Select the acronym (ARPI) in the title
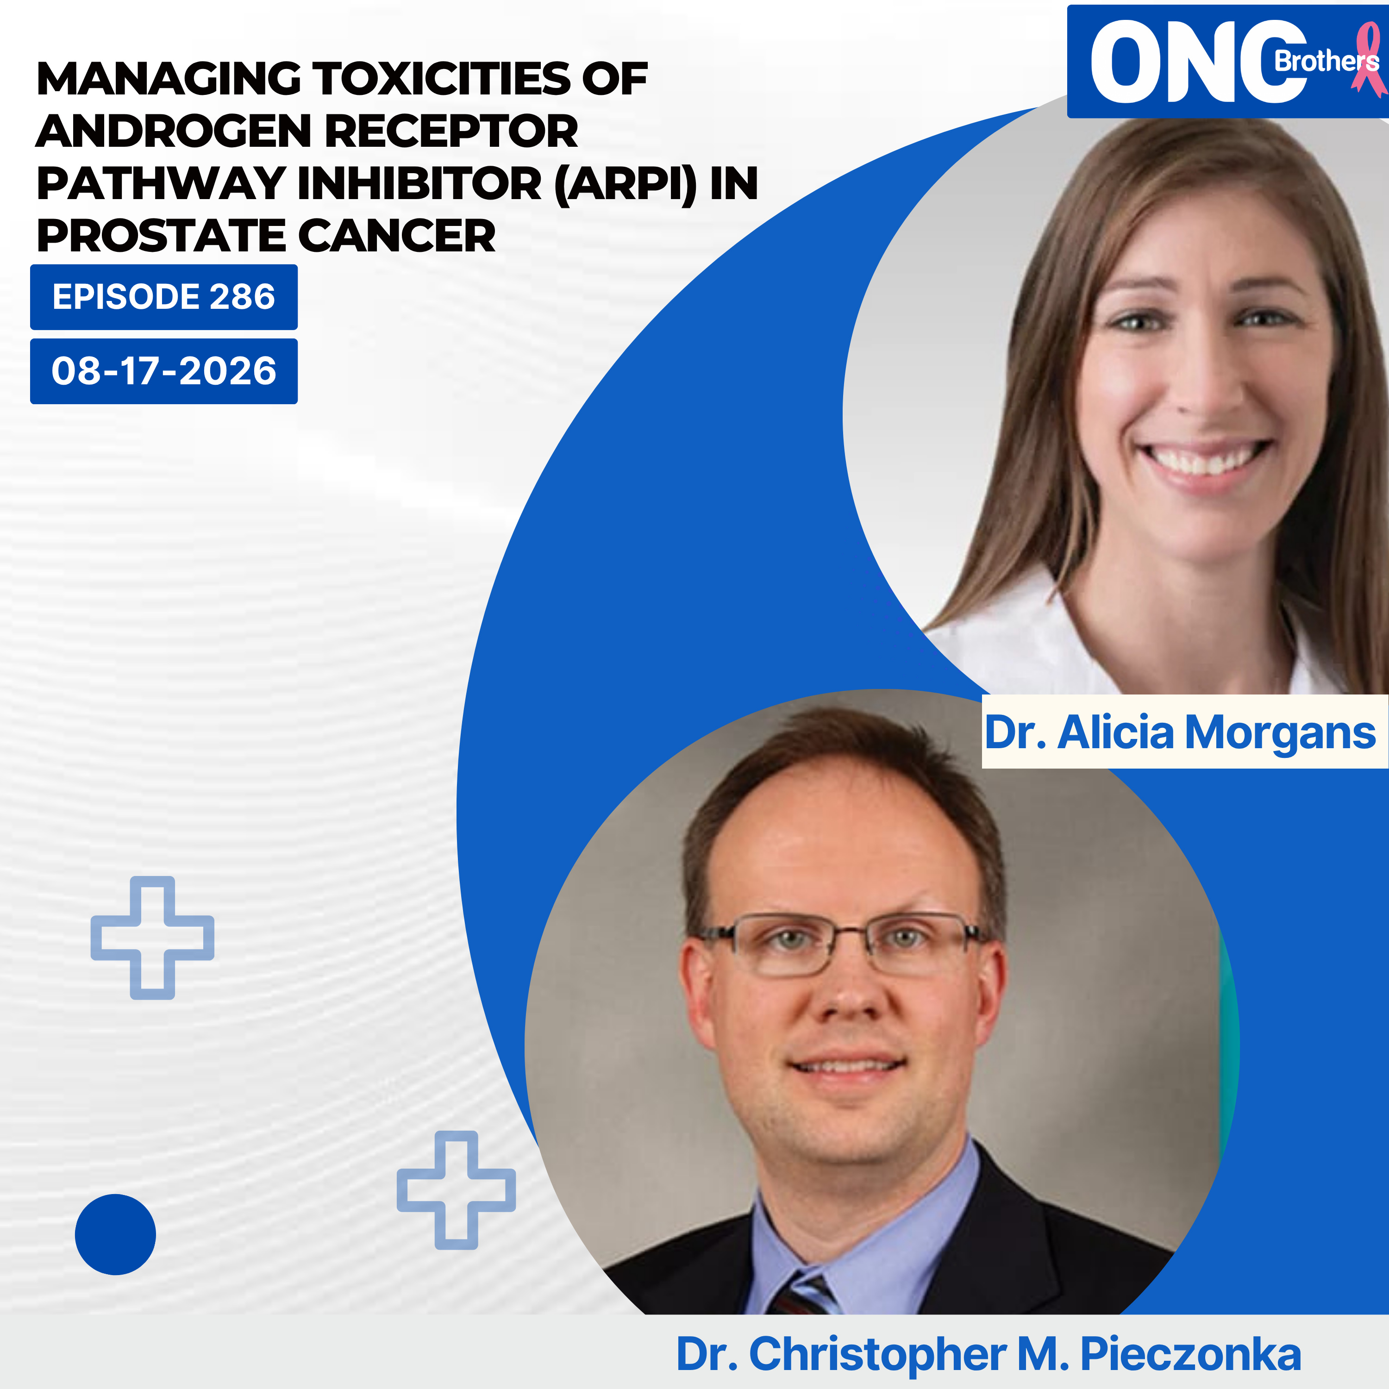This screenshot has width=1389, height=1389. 626,184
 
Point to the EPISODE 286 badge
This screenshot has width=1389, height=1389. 164,297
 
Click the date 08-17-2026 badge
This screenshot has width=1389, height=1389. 164,371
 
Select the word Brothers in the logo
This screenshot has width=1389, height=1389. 1326,60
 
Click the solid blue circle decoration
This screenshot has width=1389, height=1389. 115,1234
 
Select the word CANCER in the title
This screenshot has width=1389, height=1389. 396,236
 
